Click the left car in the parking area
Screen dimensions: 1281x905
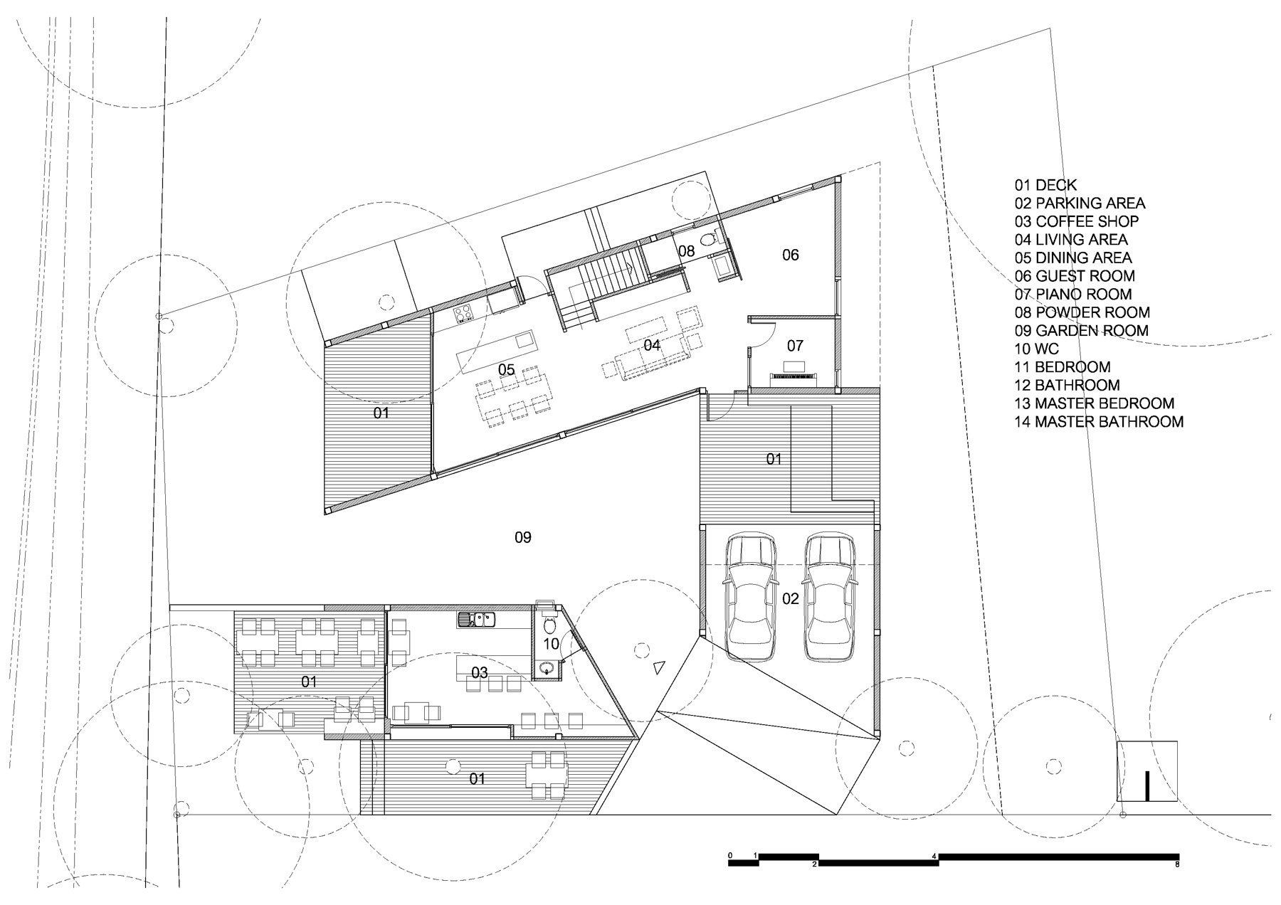pos(750,597)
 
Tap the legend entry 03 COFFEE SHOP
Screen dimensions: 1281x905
pos(1077,221)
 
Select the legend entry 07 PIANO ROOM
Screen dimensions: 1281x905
pos(1073,294)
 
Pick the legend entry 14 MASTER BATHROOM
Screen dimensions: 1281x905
pos(1100,422)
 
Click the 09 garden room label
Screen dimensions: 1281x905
pos(523,537)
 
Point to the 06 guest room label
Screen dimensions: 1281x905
pos(791,255)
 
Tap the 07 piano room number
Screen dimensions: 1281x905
pos(795,346)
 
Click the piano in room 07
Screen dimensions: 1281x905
pos(794,375)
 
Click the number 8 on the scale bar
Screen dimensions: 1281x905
pos(1178,865)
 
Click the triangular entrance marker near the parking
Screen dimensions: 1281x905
pos(659,667)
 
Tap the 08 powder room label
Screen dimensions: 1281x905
pos(686,250)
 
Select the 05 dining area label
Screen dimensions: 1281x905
pos(507,370)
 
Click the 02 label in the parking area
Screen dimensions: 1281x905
pos(791,598)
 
